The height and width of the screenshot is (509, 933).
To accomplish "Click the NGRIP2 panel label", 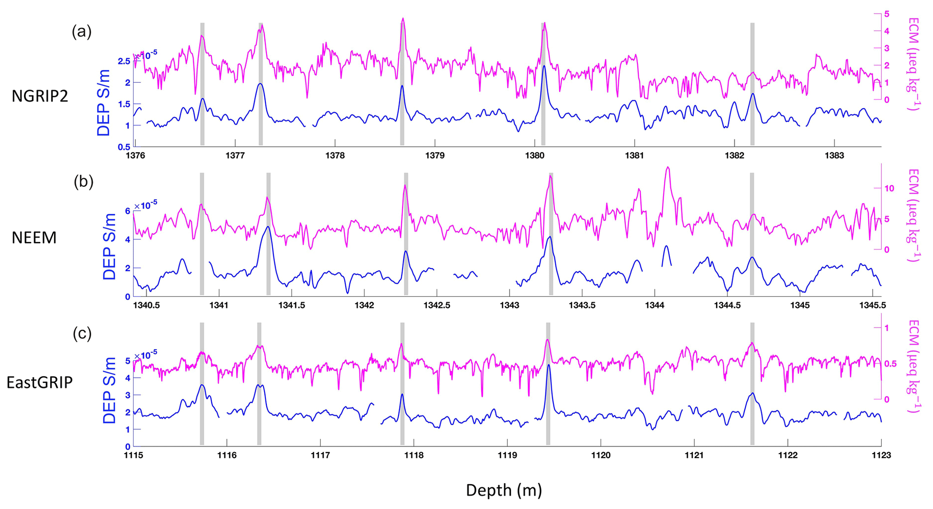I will tap(40, 96).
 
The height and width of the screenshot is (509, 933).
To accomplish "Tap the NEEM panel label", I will tap(34, 237).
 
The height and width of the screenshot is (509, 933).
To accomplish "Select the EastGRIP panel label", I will tap(40, 382).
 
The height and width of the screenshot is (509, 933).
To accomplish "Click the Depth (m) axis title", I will tap(504, 490).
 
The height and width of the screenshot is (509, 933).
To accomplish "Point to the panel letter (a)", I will tap(82, 32).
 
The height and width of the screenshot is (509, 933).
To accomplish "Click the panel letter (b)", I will tap(84, 181).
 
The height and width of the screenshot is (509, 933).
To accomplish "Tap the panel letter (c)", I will tap(82, 334).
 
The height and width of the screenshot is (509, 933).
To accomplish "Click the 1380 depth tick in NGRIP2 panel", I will tap(534, 156).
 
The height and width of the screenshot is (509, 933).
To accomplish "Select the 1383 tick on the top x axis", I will tap(834, 156).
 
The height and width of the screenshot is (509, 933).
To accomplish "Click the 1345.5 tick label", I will tap(872, 305).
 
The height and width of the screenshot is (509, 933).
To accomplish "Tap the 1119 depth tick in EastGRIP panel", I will tap(507, 455).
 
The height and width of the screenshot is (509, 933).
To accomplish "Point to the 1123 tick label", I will tap(881, 455).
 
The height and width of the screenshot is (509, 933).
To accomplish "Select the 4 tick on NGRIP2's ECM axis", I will tap(887, 31).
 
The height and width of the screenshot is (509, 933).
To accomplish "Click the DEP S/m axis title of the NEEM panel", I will tap(109, 246).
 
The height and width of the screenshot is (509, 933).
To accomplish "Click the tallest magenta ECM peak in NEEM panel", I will tap(668, 167).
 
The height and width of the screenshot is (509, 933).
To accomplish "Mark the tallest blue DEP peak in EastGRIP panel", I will tap(548, 365).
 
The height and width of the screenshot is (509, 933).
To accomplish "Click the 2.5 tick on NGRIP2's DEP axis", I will tap(124, 61).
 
